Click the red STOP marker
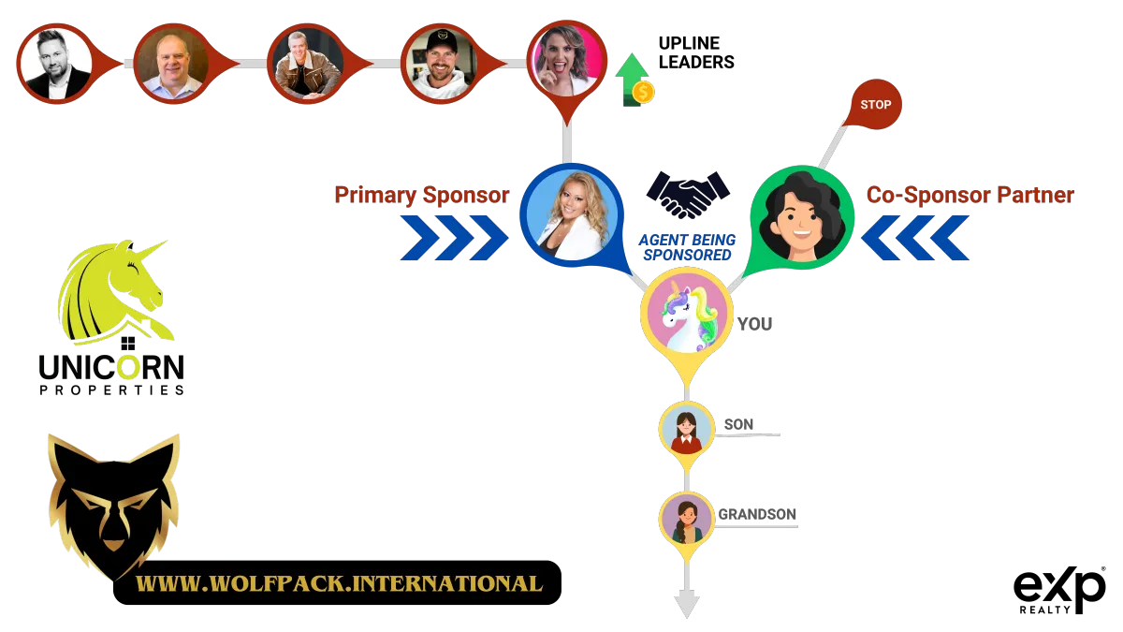click(x=875, y=105)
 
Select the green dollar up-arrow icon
click(x=634, y=79)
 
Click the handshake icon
click(x=687, y=196)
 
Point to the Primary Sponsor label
click(x=422, y=195)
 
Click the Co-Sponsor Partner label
click(x=970, y=195)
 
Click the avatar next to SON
click(x=687, y=428)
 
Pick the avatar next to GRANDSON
click(x=687, y=518)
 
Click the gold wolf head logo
click(x=113, y=504)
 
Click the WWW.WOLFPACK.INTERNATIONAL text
click(x=340, y=583)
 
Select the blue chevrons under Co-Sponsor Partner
click(x=915, y=238)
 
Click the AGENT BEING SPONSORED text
click(x=687, y=247)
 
